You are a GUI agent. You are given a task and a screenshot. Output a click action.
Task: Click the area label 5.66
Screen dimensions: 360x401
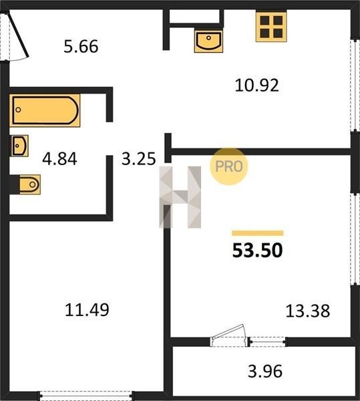point(81,46)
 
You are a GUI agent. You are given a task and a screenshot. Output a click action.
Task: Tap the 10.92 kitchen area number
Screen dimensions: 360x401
point(256,85)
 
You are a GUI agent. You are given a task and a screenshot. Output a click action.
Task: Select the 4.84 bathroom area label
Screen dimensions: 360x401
point(59,158)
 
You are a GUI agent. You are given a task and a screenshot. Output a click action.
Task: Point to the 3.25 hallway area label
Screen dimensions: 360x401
point(138,158)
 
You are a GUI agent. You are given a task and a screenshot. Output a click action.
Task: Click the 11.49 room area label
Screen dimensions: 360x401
point(87,309)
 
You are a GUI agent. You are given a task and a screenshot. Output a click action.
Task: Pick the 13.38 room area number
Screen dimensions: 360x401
point(308,311)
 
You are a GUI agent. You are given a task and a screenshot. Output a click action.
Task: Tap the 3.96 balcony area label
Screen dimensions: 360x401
point(265,371)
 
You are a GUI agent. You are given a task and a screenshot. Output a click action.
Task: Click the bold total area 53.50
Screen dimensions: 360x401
point(258,250)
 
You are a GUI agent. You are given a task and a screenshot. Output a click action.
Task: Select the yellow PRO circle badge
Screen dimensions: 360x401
point(228,166)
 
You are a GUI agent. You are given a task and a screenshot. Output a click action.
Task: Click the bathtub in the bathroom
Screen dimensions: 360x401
point(45,110)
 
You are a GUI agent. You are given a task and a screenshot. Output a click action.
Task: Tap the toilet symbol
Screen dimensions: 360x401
point(25,184)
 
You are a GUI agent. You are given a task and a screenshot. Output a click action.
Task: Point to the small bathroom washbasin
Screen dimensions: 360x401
point(19,146)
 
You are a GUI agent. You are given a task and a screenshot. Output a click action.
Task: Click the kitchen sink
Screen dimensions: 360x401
point(208,41)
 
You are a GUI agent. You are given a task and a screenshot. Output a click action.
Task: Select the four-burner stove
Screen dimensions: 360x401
point(271,26)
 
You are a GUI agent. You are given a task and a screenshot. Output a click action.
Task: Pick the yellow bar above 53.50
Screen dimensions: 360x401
point(258,233)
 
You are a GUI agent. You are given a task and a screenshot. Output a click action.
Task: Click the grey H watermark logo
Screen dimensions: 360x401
point(180,197)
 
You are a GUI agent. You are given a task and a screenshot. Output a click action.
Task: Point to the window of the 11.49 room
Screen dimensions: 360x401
point(85,396)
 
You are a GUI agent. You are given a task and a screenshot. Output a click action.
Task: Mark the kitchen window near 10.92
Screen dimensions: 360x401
point(355,85)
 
